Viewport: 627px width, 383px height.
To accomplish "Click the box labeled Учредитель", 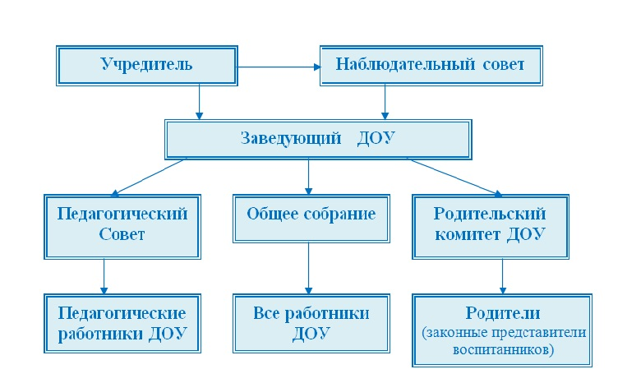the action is tap(147, 66).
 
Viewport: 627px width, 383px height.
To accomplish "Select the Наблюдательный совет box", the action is tap(431, 66).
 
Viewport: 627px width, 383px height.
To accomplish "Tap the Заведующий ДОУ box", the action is tap(318, 140).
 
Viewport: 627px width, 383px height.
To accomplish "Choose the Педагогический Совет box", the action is tap(122, 227).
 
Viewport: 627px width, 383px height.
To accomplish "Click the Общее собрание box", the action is tap(311, 219).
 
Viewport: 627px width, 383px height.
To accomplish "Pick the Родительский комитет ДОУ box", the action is tap(491, 227).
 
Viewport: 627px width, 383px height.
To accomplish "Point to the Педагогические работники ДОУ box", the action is tap(122, 324).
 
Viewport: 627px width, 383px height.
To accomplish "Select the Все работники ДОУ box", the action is tap(311, 324).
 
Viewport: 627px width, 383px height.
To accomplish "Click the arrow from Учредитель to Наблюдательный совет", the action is tap(279, 67).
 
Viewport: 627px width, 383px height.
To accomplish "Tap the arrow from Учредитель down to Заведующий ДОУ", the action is tap(199, 103).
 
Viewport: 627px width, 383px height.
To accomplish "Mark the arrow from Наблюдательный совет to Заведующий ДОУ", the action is tap(385, 103).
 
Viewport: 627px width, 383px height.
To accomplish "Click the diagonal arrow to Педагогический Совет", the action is tap(149, 178).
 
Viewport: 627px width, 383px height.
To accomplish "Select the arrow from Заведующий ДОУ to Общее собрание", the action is tap(308, 177).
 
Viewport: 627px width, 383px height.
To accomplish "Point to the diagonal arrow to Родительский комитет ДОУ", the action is tap(455, 178).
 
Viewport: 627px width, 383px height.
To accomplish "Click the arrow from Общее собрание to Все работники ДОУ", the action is tap(308, 268).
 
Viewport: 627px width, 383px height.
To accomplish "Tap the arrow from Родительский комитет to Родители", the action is tap(503, 277).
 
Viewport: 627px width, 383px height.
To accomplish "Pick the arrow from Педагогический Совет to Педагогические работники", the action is tap(104, 277).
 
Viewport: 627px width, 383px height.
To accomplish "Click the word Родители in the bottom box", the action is tap(503, 312).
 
